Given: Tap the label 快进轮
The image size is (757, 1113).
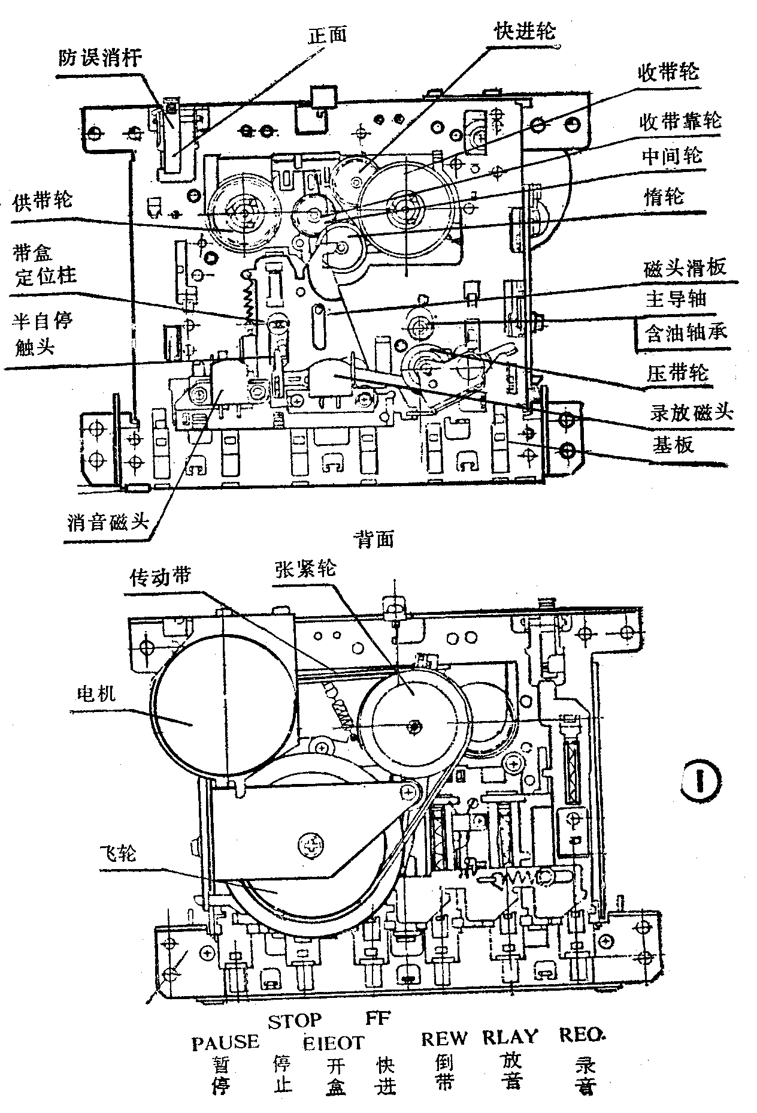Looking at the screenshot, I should (525, 31).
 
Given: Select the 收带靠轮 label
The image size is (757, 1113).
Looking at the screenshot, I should (680, 122).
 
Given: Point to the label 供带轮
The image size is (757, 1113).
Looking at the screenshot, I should (43, 199).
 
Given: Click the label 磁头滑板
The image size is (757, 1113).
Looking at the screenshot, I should (684, 267).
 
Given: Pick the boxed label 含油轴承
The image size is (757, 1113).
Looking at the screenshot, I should (684, 331).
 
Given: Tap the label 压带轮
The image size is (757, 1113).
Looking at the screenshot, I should (677, 373).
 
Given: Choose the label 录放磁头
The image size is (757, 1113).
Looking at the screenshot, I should (692, 412).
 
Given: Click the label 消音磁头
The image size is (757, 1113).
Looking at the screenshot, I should (108, 522).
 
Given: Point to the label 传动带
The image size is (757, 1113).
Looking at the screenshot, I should (161, 577).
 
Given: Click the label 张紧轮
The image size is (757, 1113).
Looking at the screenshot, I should (305, 568).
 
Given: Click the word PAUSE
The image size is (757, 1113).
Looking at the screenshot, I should (225, 1042).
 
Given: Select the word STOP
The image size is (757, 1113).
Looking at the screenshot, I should (295, 1021).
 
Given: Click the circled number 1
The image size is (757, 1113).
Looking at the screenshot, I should (701, 779).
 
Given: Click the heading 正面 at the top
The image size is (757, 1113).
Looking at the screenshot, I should (327, 35).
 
